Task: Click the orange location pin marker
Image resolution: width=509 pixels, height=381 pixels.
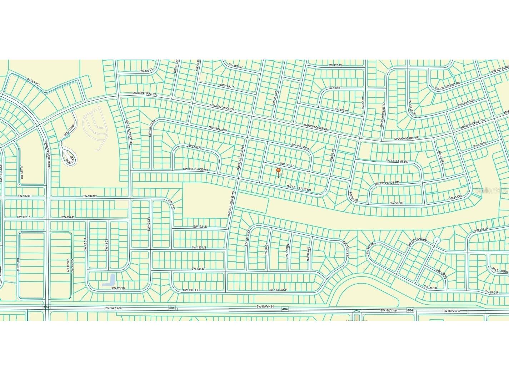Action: (278, 171)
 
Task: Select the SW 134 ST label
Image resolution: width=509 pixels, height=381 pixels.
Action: (199, 269)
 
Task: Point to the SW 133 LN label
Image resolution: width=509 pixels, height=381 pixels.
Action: (199, 247)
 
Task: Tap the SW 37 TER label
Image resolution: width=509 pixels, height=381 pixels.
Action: (287, 252)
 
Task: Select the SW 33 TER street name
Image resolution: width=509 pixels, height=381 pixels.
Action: (441, 157)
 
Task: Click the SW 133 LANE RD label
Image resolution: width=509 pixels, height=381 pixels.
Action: (417, 242)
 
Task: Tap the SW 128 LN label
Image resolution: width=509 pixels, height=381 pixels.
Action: (235, 66)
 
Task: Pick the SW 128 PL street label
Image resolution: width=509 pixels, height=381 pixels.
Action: (335, 65)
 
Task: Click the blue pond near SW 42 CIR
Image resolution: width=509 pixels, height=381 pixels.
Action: (109, 280)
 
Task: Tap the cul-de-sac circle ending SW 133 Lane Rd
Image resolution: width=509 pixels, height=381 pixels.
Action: (436, 240)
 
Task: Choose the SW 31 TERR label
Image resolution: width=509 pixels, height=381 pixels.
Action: (500, 271)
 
